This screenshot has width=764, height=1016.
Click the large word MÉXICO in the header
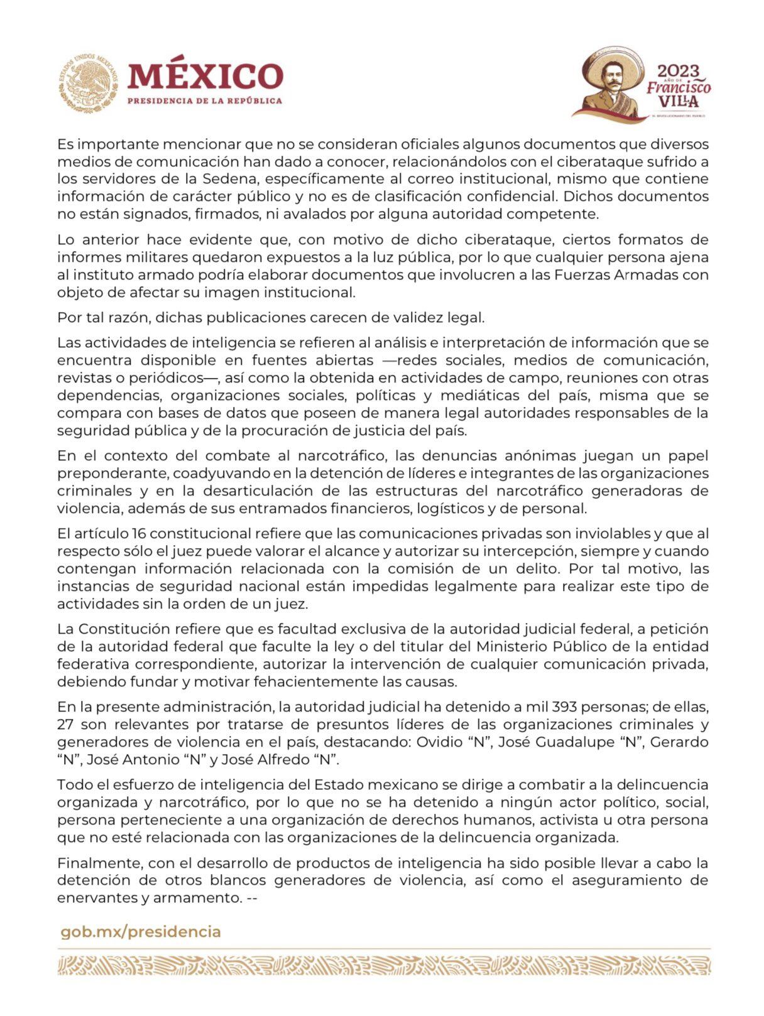[205, 77]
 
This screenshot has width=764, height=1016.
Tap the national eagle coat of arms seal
[89, 84]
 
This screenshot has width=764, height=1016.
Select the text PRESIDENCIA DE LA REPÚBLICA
[205, 101]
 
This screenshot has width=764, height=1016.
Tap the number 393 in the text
[566, 706]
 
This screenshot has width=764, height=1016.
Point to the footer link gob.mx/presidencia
[141, 931]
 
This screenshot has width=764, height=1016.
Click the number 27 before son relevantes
[65, 724]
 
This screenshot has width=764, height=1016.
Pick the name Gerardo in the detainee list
[679, 742]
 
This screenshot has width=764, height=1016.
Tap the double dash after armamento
[253, 897]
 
